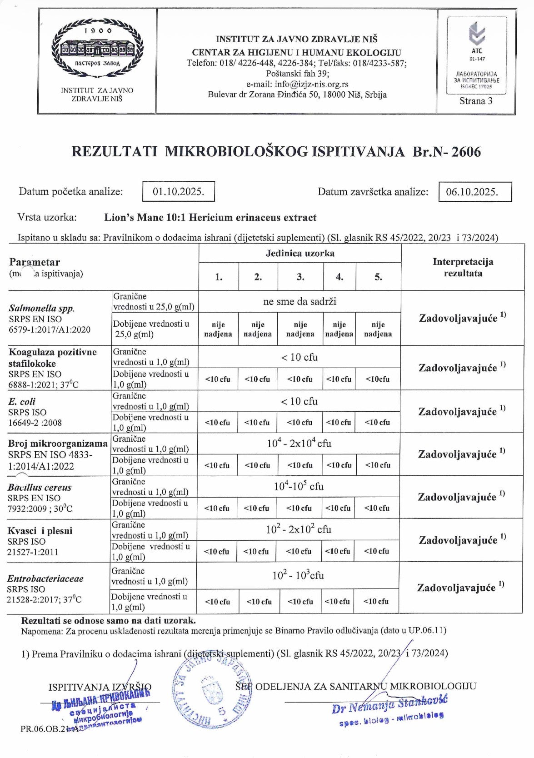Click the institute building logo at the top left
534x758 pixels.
point(97,48)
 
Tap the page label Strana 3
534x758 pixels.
point(475,101)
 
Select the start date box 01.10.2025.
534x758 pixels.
point(178,191)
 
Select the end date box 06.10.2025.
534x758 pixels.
point(475,191)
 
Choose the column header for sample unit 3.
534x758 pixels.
point(300,277)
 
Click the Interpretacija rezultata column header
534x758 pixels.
point(463,268)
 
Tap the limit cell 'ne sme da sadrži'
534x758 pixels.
point(299,301)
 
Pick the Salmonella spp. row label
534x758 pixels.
point(41,308)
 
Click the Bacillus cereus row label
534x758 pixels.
point(40,487)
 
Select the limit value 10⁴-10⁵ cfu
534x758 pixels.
point(299,486)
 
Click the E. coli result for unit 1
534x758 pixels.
point(218,422)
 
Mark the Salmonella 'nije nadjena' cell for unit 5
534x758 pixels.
point(378,329)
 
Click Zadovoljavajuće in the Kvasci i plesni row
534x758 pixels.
point(458,540)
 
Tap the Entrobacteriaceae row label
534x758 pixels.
point(45,578)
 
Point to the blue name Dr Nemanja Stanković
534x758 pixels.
point(389,706)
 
